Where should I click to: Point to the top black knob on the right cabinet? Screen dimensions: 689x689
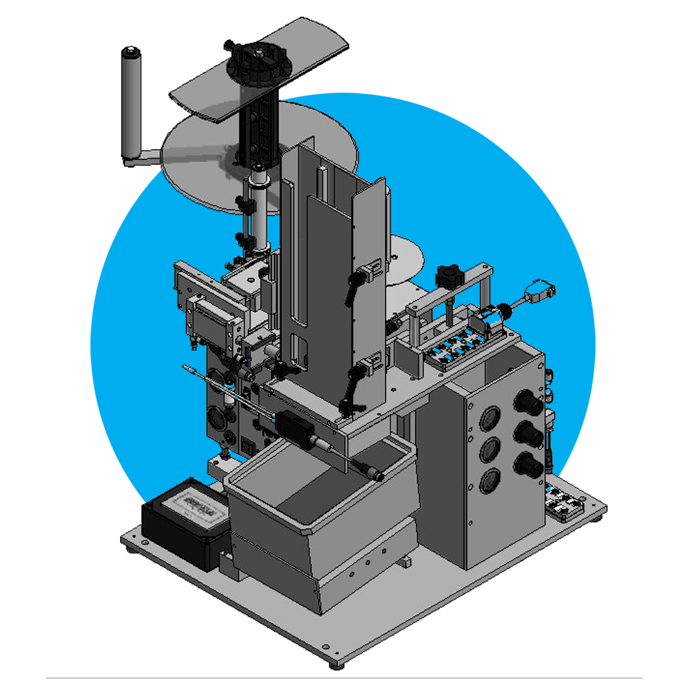click(x=531, y=403)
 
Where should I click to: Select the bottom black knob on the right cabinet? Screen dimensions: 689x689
click(x=529, y=464)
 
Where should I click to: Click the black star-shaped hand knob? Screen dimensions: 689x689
click(x=446, y=276)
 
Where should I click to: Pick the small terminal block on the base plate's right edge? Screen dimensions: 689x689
click(x=567, y=505)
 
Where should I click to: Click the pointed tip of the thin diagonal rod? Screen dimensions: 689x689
click(x=184, y=367)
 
